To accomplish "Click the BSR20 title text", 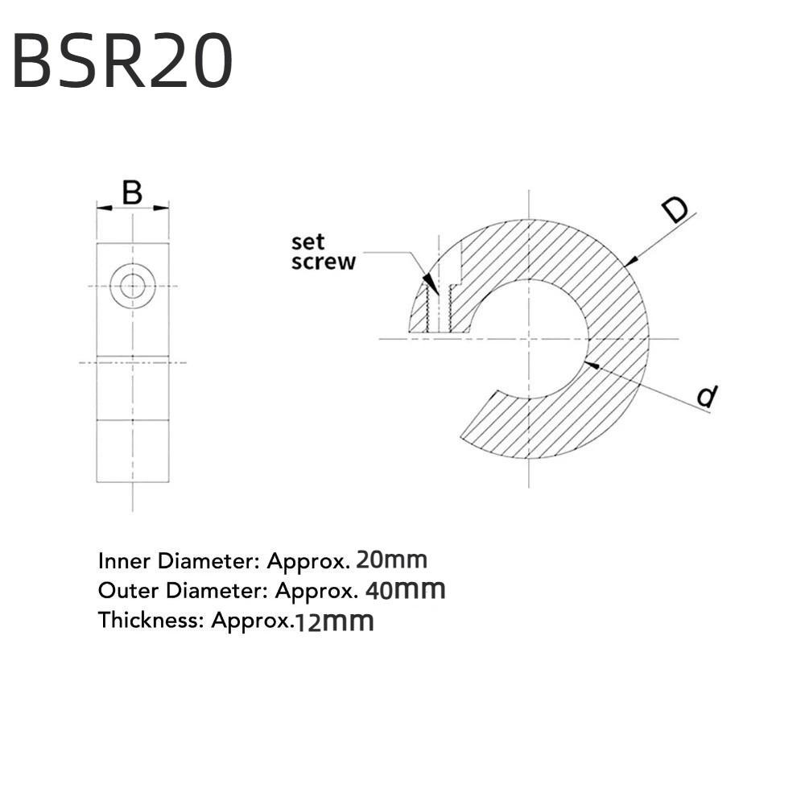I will pyautogui.click(x=122, y=61).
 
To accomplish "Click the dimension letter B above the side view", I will pyautogui.click(x=132, y=193).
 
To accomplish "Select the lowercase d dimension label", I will pyautogui.click(x=707, y=396).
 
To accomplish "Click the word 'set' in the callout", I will pyautogui.click(x=308, y=242).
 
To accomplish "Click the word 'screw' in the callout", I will pyautogui.click(x=323, y=262).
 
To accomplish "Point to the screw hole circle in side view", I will pyautogui.click(x=133, y=285).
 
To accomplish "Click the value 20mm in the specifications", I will pyautogui.click(x=391, y=559).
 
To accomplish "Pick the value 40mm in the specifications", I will pyautogui.click(x=405, y=590).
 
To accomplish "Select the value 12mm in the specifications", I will pyautogui.click(x=334, y=621).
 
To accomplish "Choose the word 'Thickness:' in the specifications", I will pyautogui.click(x=151, y=621).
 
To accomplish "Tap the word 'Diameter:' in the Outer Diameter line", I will pyautogui.click(x=211, y=591).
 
